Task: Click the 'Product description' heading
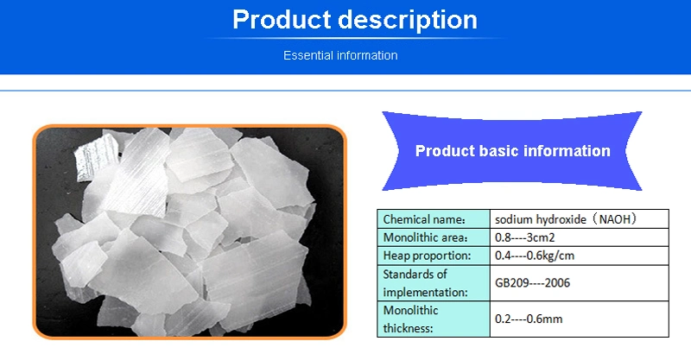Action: pyautogui.click(x=355, y=20)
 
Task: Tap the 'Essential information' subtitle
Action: pyautogui.click(x=340, y=55)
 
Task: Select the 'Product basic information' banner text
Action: pyautogui.click(x=512, y=151)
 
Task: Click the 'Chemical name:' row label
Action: pyautogui.click(x=424, y=219)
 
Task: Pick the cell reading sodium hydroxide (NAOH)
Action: pyautogui.click(x=566, y=219)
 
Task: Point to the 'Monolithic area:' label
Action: pyautogui.click(x=425, y=237)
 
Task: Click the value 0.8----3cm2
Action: pyautogui.click(x=524, y=237)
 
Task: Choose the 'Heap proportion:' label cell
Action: pyautogui.click(x=427, y=256)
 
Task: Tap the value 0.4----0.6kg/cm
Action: pyautogui.click(x=534, y=256)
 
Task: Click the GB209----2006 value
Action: pyautogui.click(x=532, y=282)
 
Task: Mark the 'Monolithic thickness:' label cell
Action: pyautogui.click(x=410, y=319)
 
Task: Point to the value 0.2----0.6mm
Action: pyautogui.click(x=529, y=319)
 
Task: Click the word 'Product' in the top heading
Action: pyautogui.click(x=282, y=19)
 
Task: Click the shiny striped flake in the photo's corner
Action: pyautogui.click(x=98, y=157)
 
